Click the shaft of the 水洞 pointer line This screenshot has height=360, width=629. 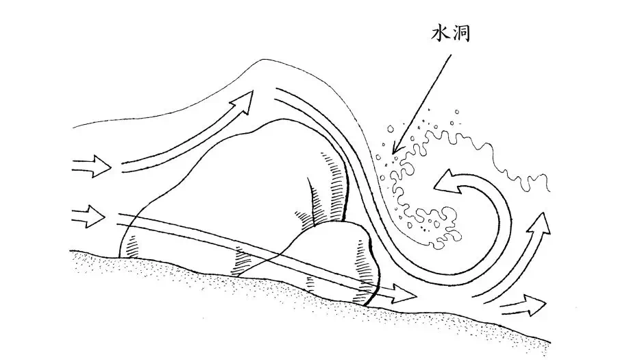pyautogui.click(x=425, y=97)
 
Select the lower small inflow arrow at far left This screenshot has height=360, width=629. pyautogui.click(x=88, y=219)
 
